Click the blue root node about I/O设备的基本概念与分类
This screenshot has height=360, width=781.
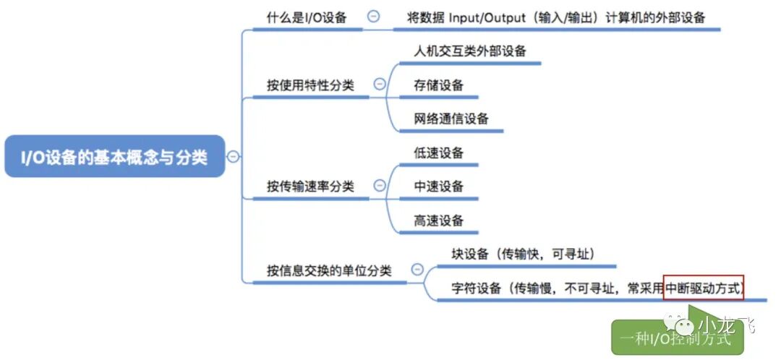[x=114, y=157]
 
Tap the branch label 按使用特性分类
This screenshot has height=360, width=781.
[x=311, y=85]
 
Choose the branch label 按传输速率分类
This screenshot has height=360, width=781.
[x=311, y=187]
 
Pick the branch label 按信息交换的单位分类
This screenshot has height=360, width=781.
[x=329, y=271]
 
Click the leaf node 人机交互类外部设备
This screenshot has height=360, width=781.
[x=470, y=51]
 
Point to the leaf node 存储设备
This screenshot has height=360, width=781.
[x=438, y=85]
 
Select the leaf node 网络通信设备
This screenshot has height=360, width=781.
[x=451, y=119]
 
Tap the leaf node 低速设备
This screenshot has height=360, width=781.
[x=438, y=153]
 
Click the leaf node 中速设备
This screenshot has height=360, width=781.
[x=438, y=187]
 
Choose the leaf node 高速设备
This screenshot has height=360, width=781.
[x=438, y=220]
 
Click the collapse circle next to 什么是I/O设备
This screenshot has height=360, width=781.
[x=373, y=17]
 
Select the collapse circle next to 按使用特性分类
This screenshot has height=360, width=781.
[x=380, y=85]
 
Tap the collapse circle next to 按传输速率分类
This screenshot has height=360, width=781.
[x=380, y=186]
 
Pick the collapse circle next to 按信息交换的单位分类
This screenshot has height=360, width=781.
[x=417, y=270]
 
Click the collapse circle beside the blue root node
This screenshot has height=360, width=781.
[x=233, y=156]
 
